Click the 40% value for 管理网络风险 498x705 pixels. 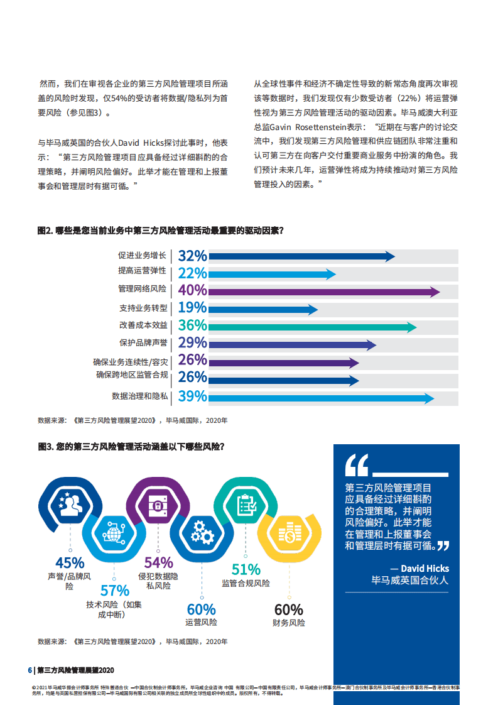[192, 290]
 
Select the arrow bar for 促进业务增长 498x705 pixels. [301, 256]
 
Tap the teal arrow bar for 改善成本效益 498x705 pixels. [311, 326]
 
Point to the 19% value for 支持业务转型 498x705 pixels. [192, 308]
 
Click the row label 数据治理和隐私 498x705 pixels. [140, 396]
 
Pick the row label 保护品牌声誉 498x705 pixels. [143, 343]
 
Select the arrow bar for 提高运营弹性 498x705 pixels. [271, 273]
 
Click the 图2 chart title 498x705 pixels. [161, 231]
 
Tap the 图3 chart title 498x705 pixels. [131, 447]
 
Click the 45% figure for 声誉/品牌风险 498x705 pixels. [70, 563]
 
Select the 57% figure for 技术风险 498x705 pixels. [114, 591]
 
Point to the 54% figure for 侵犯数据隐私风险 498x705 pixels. [158, 563]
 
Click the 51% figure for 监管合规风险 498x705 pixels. [246, 569]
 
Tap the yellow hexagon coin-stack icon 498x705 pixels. [288, 535]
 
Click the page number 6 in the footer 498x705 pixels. [29, 670]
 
